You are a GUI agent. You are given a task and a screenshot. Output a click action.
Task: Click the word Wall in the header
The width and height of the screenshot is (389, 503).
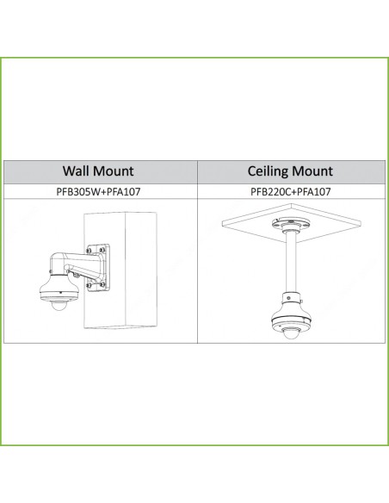pos(76,171)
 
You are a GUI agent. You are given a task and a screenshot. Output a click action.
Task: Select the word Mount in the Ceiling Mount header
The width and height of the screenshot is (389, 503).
pos(312,171)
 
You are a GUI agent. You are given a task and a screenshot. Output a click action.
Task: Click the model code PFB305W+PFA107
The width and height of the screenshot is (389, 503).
pos(98,191)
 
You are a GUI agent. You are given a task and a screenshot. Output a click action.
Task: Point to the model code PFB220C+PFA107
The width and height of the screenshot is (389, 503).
pos(290,191)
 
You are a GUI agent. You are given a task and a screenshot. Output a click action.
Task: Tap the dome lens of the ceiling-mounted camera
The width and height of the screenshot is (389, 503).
pos(291,337)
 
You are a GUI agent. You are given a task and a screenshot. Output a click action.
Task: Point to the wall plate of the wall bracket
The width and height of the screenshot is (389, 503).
pos(97,268)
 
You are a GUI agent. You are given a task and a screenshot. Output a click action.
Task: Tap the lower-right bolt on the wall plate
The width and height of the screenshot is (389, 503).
pos(102,284)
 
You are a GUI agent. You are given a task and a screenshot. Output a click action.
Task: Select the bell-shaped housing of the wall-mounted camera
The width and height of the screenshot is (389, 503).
pos(59,289)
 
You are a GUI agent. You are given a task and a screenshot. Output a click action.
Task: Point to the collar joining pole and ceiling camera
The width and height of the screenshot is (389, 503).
pos(291,298)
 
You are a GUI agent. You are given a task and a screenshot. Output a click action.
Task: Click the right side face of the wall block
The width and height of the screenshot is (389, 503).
pos(140,270)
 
